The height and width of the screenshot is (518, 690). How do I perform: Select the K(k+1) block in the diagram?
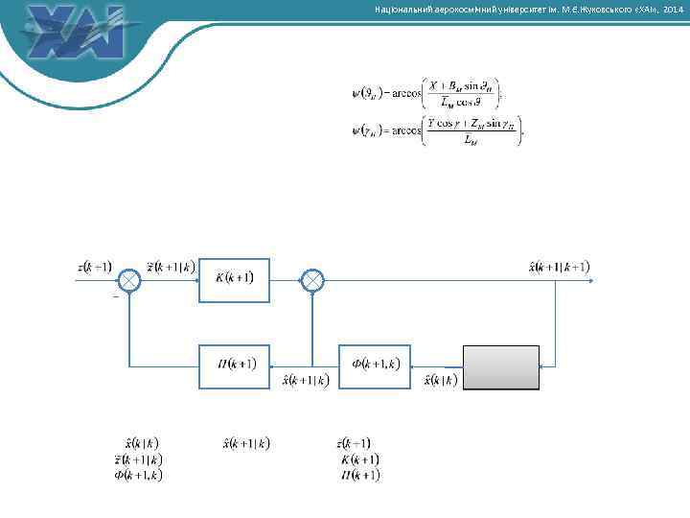click(234, 279)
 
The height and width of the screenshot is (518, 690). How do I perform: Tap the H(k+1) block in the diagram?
click(234, 365)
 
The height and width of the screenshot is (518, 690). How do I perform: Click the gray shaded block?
click(501, 366)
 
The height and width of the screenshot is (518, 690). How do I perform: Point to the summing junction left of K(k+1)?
click(129, 280)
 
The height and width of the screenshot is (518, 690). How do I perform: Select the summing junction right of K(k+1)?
click(313, 280)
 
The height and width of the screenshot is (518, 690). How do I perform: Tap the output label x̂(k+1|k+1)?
click(559, 266)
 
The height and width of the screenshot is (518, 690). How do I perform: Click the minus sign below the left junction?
click(116, 297)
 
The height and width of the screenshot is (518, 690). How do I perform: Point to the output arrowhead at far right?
click(595, 280)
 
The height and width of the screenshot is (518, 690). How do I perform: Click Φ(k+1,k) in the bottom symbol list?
click(138, 474)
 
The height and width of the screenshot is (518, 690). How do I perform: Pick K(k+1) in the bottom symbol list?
click(360, 459)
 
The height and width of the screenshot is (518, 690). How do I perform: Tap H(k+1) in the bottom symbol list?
click(360, 474)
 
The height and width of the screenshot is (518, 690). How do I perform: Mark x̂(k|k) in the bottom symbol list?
click(142, 443)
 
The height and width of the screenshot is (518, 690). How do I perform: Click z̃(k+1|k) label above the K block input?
click(172, 266)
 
